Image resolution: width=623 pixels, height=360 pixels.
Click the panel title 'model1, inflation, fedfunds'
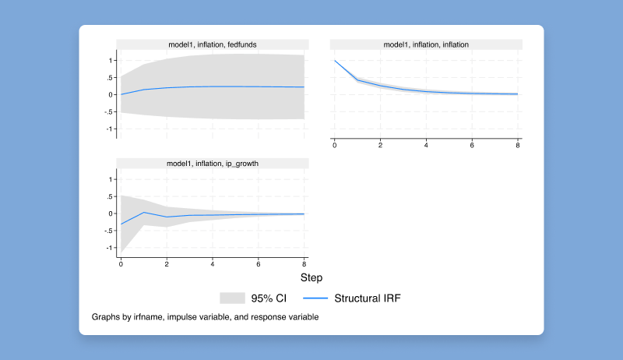pos(212,44)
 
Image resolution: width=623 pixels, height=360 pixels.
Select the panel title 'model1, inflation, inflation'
pos(426,44)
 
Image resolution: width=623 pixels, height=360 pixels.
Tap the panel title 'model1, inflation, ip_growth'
pos(212,164)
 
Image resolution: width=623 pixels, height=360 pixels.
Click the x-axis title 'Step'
pos(311,277)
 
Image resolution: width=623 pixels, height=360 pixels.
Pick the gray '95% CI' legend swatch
pos(233,298)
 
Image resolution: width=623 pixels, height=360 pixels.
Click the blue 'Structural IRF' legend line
pos(313,298)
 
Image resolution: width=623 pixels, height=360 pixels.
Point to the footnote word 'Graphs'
pos(107,317)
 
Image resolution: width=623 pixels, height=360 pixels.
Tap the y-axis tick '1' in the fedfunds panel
pos(111,60)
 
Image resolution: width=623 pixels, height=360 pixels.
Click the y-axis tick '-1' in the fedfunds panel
pos(110,129)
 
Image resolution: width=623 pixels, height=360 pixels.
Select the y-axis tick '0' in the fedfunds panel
pos(111,95)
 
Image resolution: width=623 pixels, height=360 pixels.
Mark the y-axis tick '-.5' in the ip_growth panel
pos(109,231)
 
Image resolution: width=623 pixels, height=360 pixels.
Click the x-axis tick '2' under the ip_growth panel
pos(167,265)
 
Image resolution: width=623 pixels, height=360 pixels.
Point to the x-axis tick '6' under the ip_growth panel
pos(259,265)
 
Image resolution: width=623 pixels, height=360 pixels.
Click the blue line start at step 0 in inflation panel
pos(335,61)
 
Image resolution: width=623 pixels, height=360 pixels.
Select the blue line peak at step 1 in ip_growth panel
pos(144,212)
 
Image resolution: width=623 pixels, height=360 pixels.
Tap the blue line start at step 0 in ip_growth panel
pos(121,224)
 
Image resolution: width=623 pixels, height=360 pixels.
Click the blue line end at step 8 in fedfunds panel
pos(304,87)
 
